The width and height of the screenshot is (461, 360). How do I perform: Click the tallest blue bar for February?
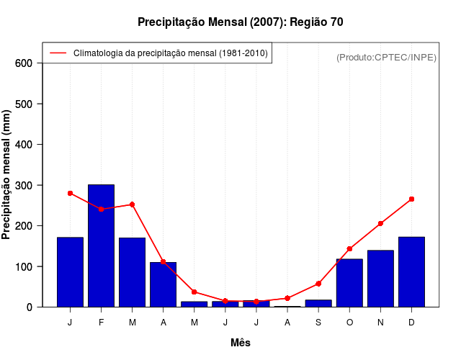[x=101, y=246]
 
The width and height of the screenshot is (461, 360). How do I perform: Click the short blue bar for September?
[x=318, y=303]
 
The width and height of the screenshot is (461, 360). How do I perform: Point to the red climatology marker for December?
[x=411, y=199]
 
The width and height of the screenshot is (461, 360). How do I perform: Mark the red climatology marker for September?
[x=318, y=284]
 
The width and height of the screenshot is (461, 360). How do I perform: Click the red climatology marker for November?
[x=380, y=223]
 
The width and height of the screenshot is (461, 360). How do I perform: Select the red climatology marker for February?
[x=101, y=209]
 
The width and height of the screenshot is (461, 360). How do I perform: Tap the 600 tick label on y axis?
[x=24, y=63]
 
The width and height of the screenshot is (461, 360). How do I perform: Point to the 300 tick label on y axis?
[x=24, y=185]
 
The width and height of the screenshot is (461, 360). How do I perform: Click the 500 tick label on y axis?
[x=24, y=104]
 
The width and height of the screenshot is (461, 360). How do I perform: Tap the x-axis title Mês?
[x=241, y=343]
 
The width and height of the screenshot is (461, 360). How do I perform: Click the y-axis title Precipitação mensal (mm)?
[x=6, y=175]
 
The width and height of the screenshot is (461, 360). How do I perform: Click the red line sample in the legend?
[x=58, y=53]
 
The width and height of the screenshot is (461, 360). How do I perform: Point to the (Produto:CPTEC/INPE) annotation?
[x=387, y=57]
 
